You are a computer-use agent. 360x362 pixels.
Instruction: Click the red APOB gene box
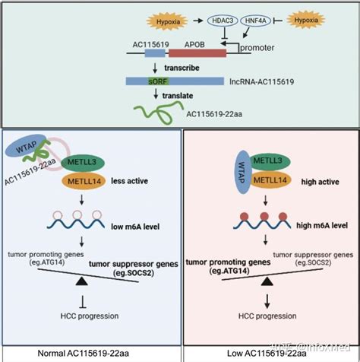tap(197, 52)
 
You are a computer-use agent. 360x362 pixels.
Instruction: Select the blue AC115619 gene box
tap(149, 52)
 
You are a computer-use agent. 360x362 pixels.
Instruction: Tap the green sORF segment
tap(159, 80)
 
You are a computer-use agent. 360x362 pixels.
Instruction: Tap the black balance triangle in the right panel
tap(267, 282)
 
